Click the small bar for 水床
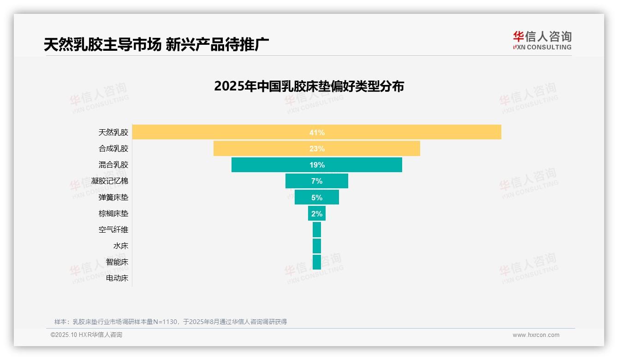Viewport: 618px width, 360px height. pyautogui.click(x=316, y=246)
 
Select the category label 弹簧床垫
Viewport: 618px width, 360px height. pyautogui.click(x=113, y=197)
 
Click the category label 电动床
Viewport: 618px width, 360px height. pyautogui.click(x=117, y=278)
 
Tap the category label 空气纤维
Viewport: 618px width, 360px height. pyautogui.click(x=113, y=229)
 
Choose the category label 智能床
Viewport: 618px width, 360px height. pyautogui.click(x=117, y=262)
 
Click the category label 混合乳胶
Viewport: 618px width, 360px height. pyautogui.click(x=113, y=165)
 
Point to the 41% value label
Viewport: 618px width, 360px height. pyautogui.click(x=317, y=132)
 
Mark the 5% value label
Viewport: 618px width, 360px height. pyautogui.click(x=317, y=198)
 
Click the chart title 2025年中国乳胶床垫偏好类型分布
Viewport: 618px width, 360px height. pyautogui.click(x=309, y=86)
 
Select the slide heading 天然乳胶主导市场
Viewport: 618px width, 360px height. pyautogui.click(x=102, y=44)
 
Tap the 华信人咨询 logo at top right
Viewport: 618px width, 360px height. pyautogui.click(x=542, y=40)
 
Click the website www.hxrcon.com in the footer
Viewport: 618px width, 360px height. pyautogui.click(x=536, y=335)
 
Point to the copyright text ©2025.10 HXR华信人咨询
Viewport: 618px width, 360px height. pyautogui.click(x=86, y=335)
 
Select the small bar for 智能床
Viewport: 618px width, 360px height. pyautogui.click(x=316, y=262)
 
